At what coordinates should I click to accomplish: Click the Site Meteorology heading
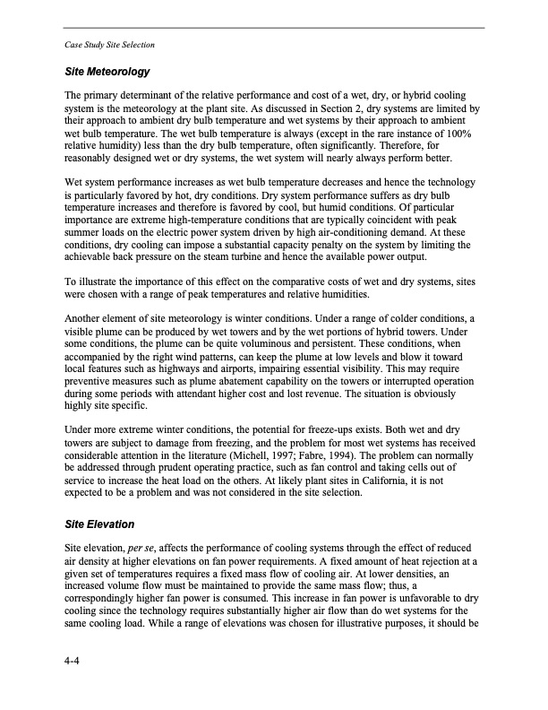click(107, 70)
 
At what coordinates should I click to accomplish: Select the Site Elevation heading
click(99, 523)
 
